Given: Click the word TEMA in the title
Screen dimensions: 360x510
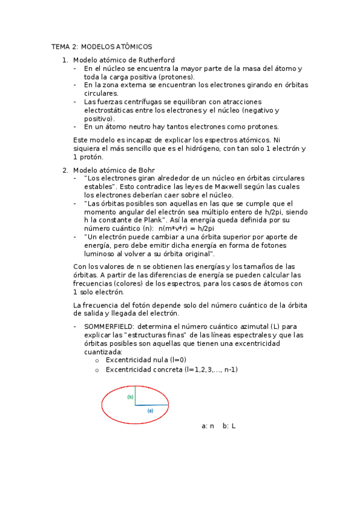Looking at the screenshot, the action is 60,47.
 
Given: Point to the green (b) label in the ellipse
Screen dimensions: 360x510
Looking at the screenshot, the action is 130,398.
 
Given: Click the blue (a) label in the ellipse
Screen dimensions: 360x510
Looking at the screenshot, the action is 150,410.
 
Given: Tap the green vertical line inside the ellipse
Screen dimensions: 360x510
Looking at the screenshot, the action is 136,395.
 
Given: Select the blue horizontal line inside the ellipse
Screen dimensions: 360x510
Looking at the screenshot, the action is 151,405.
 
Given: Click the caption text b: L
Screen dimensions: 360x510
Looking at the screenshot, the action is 229,426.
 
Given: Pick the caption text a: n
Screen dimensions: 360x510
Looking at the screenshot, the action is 208,426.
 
